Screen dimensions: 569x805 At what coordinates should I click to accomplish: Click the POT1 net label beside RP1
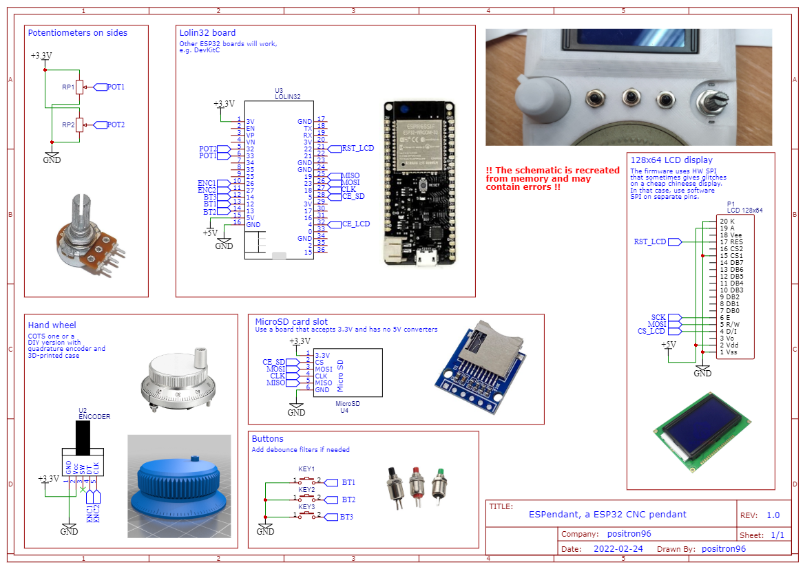(114, 87)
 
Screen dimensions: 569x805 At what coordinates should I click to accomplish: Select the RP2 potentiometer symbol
(79, 125)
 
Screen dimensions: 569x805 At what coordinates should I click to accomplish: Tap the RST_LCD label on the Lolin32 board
(357, 148)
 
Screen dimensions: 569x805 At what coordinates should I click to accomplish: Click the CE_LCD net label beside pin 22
(356, 224)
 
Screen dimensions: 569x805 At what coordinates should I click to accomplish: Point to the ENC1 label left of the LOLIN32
(207, 182)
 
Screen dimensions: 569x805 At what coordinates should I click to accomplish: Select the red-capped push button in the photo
(416, 484)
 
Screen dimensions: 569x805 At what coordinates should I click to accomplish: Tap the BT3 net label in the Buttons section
(348, 517)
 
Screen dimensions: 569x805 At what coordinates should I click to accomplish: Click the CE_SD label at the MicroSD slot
(274, 362)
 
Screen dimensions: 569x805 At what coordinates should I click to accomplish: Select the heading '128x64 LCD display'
(671, 160)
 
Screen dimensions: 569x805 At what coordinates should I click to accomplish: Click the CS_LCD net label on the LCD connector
(651, 331)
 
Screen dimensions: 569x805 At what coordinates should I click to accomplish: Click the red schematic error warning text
(552, 178)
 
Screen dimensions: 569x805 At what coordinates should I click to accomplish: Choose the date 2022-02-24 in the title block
(618, 549)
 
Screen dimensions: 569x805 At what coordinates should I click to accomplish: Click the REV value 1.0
(773, 515)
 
